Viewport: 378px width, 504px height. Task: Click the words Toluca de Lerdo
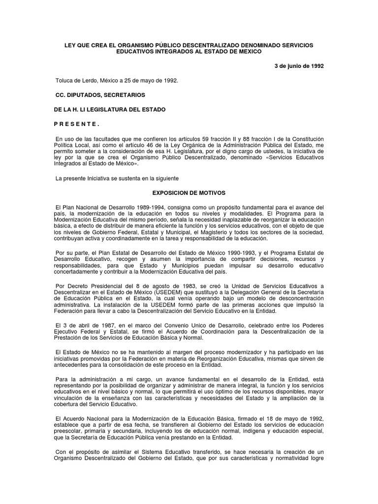pos(76,80)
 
